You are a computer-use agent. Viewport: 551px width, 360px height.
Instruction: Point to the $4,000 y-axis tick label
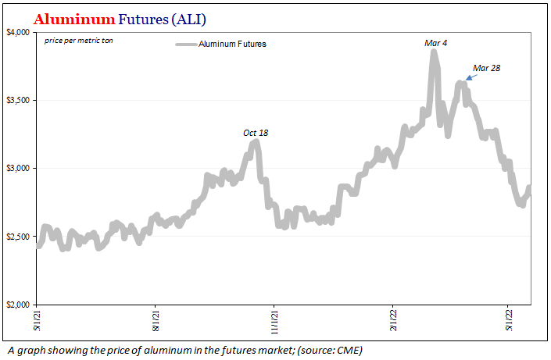pos(18,32)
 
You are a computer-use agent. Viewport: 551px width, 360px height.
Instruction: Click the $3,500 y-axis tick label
pos(18,101)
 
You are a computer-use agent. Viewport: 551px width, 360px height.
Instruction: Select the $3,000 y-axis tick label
pos(18,169)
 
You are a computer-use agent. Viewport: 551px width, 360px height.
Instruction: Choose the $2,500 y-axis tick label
pos(18,237)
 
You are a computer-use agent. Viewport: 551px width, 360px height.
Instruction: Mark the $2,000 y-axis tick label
pos(18,305)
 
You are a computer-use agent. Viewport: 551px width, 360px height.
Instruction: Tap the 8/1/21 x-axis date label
pos(156,319)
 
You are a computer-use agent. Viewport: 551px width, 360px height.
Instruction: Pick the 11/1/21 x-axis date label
pos(274,321)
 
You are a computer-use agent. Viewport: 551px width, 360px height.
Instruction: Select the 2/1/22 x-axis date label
pos(392,319)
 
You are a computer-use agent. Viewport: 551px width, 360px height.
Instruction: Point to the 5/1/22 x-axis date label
pos(509,319)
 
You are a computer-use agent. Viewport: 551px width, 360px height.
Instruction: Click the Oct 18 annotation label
pos(256,133)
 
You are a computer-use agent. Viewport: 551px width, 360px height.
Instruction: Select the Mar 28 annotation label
pos(486,68)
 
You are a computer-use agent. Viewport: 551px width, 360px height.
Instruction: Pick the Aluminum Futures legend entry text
pos(232,45)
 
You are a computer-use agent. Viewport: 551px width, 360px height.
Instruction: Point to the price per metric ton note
pos(79,39)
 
